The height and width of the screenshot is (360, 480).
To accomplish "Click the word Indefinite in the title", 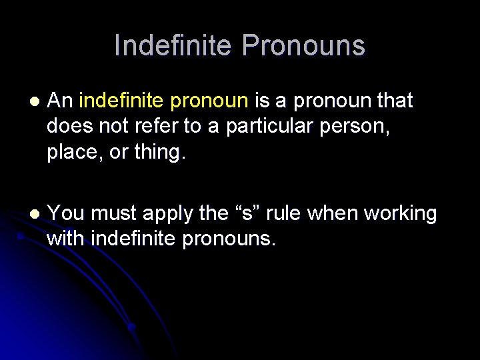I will [174, 45].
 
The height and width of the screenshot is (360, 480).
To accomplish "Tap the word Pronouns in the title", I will [304, 45].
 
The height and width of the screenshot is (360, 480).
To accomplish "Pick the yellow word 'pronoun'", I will [210, 102].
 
